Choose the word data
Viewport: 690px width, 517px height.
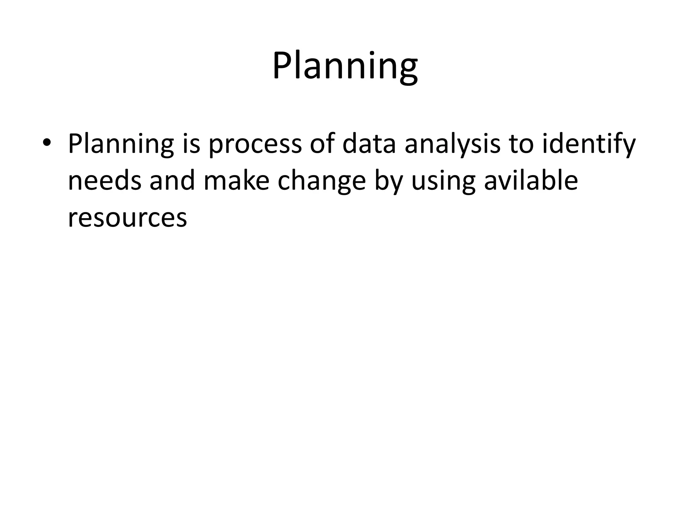coord(369,144)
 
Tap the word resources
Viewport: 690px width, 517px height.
coord(127,218)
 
